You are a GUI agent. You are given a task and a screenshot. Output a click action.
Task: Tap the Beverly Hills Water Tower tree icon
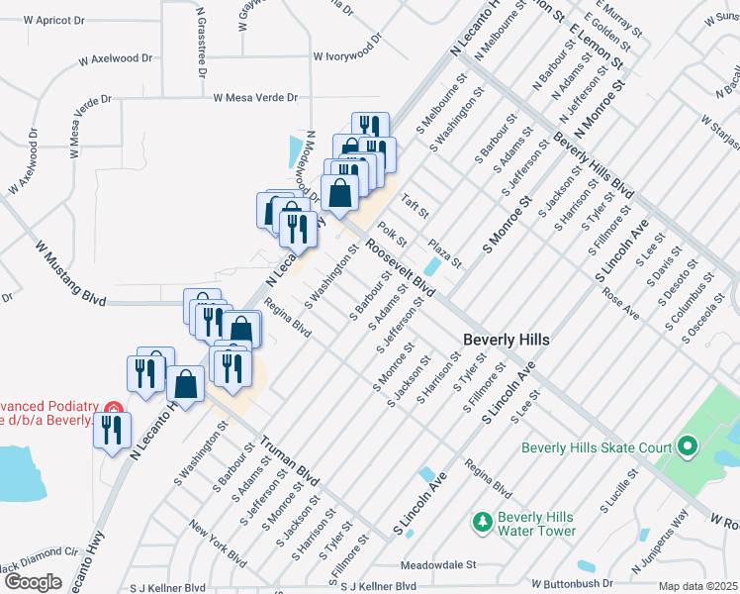pos(482,521)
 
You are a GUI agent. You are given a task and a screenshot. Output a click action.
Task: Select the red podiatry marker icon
pos(114,408)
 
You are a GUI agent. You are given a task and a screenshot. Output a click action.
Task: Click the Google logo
pos(33,582)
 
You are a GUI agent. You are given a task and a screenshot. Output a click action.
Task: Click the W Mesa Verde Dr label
pos(255,97)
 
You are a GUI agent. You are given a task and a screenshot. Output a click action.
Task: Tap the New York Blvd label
pos(219,544)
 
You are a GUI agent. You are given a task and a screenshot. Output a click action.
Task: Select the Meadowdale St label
pos(438,567)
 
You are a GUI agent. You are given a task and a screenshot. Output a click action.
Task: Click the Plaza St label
pos(444,252)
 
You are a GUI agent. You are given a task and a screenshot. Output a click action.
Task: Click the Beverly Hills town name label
pos(506,340)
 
